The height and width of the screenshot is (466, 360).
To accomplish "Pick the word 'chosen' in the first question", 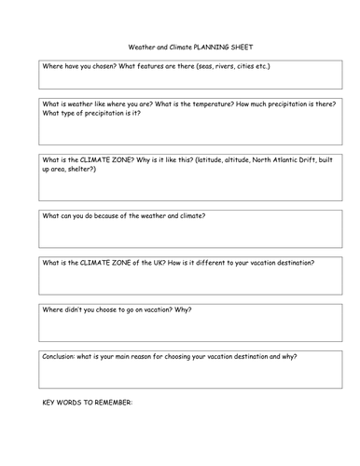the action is click(97, 68).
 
